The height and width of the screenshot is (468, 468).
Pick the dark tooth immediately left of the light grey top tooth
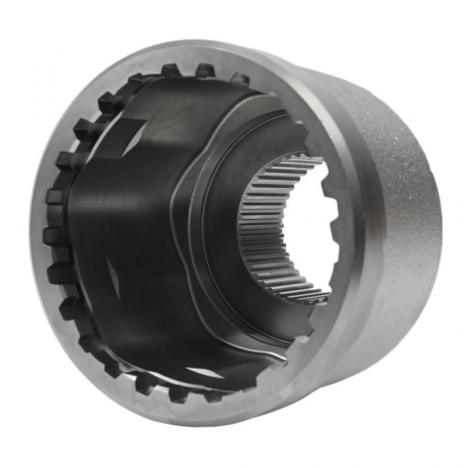(205, 71)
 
